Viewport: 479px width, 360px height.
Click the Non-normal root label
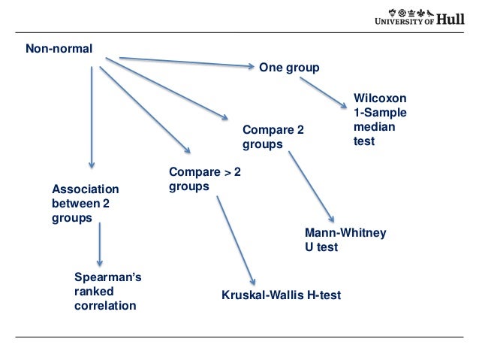coord(59,50)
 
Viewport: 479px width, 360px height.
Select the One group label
coord(289,68)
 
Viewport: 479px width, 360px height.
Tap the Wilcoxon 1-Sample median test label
coord(380,119)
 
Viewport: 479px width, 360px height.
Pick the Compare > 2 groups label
coord(205,180)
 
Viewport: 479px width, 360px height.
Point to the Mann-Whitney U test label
coord(345,240)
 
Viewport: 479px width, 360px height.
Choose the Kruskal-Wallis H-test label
coord(281,295)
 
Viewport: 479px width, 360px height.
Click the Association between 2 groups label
coord(85,203)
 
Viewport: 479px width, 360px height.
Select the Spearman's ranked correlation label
coord(107,292)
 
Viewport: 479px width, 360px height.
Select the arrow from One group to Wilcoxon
coord(324,91)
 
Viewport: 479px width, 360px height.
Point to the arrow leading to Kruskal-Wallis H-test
coord(236,240)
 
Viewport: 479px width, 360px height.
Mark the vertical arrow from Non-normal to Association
coord(92,117)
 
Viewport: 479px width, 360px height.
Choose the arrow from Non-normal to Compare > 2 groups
coord(145,110)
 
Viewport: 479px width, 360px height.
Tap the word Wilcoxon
coord(380,98)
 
